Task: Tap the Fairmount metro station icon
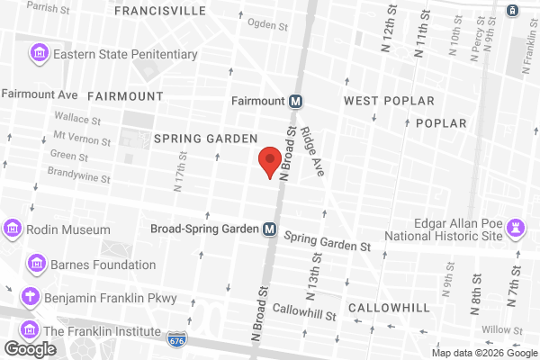point(295,101)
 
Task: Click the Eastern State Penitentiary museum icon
point(40,54)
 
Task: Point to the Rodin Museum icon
point(13,229)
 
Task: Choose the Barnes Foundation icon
point(37,265)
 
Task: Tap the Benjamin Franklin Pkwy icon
point(31,296)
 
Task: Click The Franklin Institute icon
point(29,329)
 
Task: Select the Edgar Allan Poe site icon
point(517,225)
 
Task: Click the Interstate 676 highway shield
point(176,340)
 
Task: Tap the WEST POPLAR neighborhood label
point(389,101)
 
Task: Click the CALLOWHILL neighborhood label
point(389,308)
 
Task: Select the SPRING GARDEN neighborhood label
point(206,138)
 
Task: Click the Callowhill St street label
point(305,315)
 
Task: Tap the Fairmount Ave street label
point(40,94)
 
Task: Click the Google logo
point(30,348)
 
